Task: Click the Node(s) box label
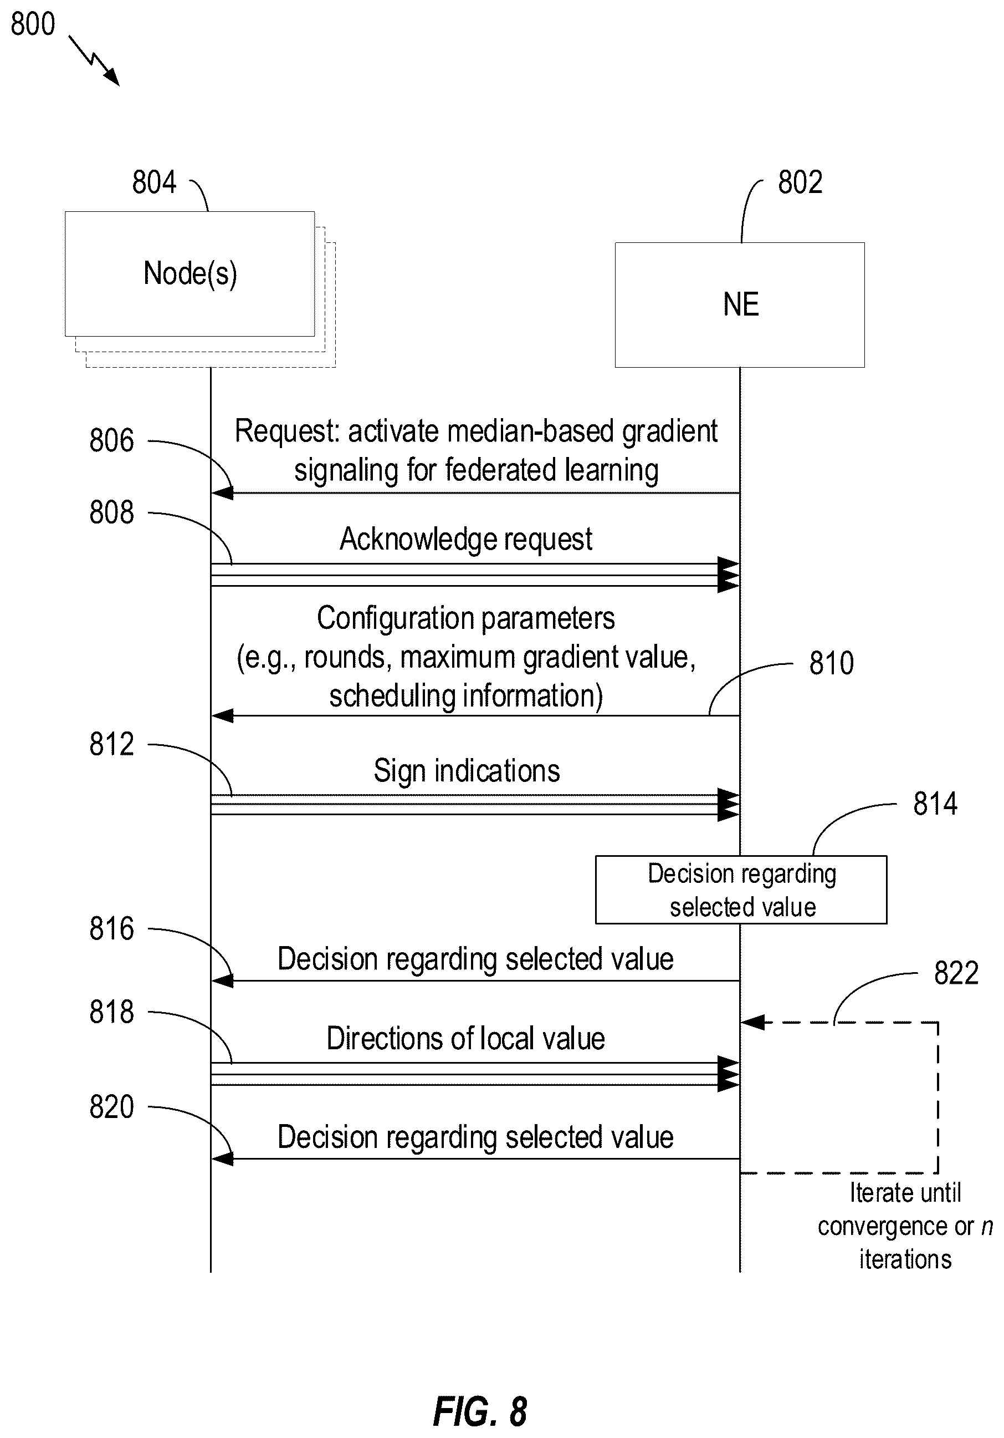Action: tap(190, 274)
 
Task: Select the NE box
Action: tap(740, 304)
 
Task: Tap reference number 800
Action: tap(33, 24)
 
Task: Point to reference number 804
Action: tap(154, 182)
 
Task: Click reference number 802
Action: tap(800, 182)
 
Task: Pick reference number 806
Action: tap(111, 440)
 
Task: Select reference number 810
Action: tap(831, 663)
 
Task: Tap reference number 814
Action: tap(935, 804)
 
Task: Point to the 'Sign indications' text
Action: tap(467, 771)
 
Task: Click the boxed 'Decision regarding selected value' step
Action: tap(741, 890)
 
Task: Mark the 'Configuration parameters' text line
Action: tap(465, 618)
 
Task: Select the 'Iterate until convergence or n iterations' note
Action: tap(905, 1226)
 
